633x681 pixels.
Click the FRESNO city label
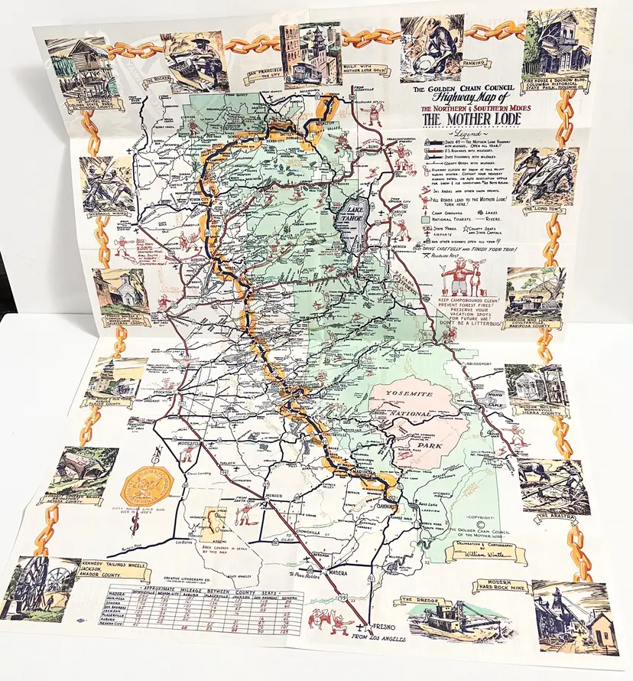(384, 624)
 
